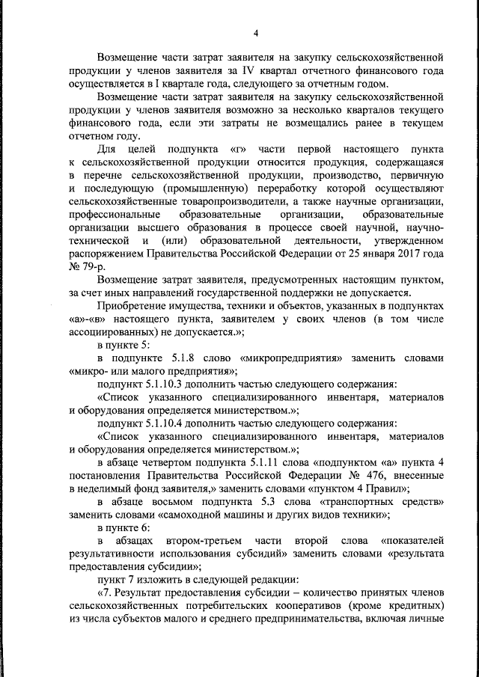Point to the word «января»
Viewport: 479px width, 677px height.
[x=363, y=254]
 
